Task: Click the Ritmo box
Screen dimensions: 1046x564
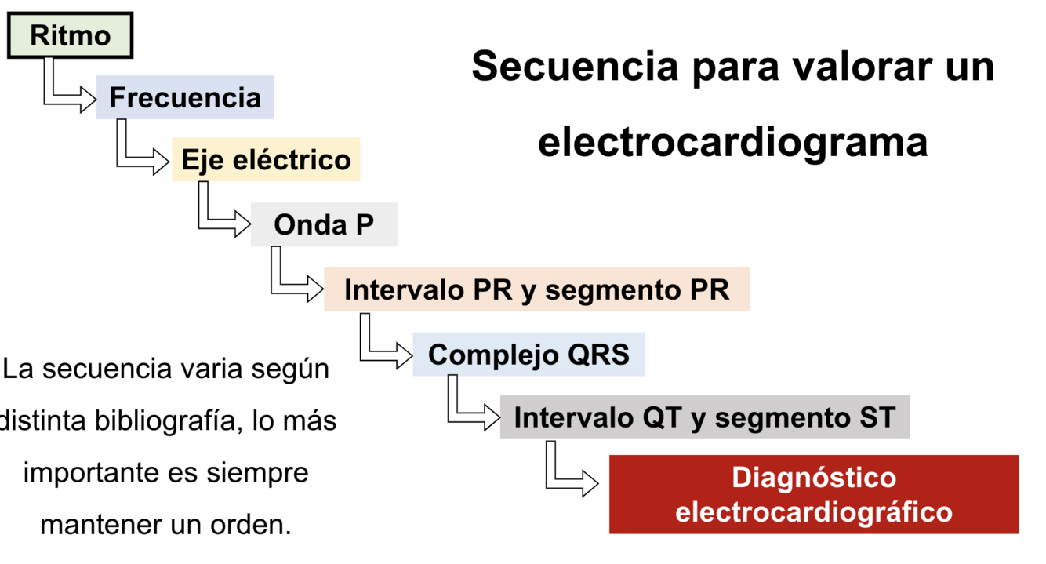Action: [70, 35]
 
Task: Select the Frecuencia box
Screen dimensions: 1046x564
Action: [185, 97]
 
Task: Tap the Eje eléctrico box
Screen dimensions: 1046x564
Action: [266, 159]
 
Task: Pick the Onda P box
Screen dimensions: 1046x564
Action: [323, 224]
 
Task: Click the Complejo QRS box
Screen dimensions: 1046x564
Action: [528, 354]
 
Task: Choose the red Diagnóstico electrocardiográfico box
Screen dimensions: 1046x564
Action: [813, 494]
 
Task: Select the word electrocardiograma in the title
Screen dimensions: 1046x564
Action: [732, 143]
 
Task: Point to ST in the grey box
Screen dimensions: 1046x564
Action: [874, 417]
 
